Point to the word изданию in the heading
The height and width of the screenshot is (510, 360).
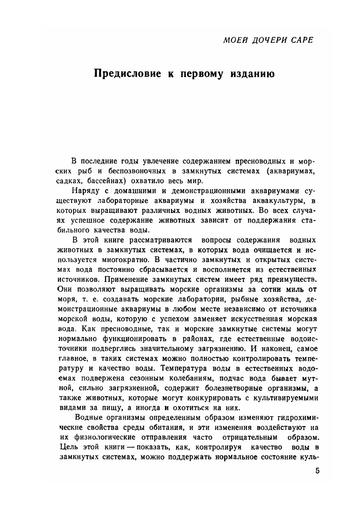coord(251,73)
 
